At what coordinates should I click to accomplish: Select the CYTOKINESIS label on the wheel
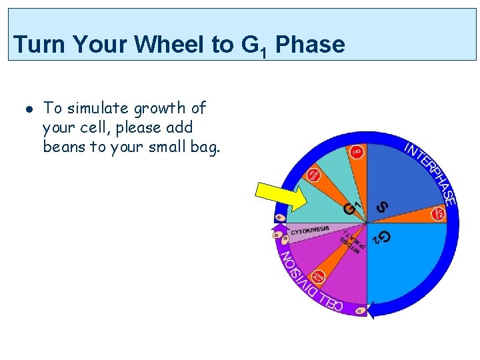[310, 230]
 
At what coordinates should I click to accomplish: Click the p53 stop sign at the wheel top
[357, 153]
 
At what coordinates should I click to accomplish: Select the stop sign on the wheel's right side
[438, 214]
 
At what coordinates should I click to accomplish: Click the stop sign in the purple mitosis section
[319, 276]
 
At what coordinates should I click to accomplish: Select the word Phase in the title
[310, 45]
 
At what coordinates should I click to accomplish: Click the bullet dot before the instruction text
[29, 108]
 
